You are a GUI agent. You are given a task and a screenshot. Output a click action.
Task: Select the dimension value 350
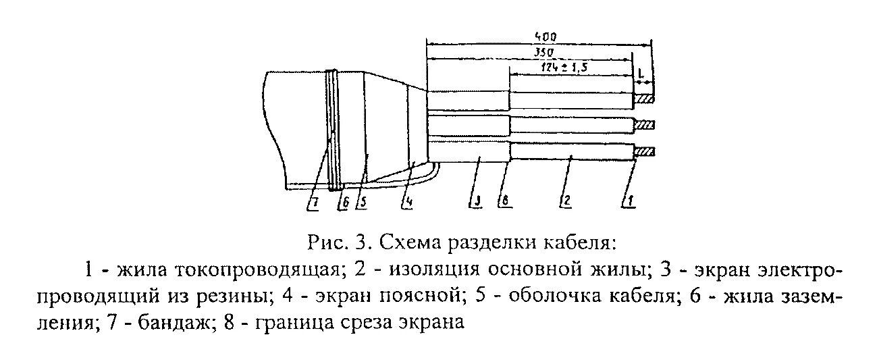tap(544, 51)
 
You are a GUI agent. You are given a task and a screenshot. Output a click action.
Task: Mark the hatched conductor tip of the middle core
tap(645, 126)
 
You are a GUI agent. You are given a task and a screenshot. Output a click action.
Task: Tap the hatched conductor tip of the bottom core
tap(645, 151)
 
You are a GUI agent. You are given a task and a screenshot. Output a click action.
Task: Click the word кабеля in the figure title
tap(583, 241)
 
